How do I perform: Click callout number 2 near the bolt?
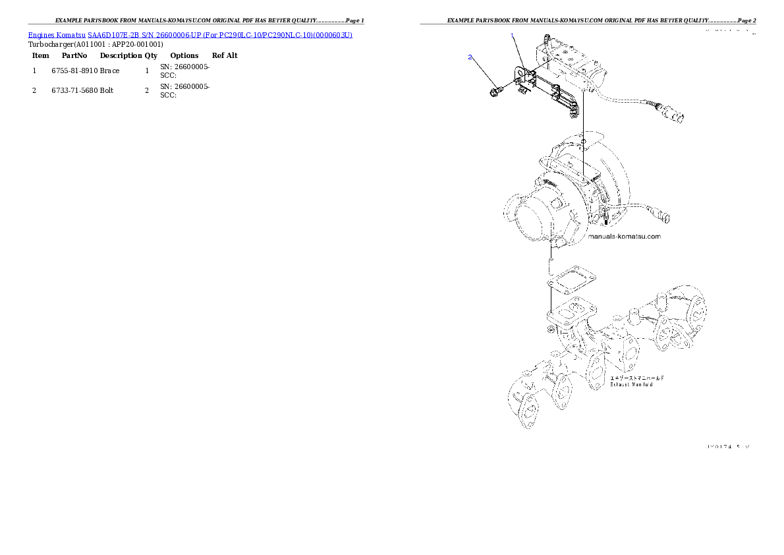click(470, 57)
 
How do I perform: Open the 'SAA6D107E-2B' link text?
click(113, 34)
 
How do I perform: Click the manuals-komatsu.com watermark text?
click(623, 236)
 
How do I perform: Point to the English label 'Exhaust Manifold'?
click(631, 384)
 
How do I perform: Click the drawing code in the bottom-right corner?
click(727, 447)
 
